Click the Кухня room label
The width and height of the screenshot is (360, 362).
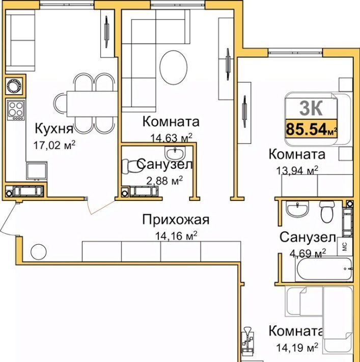pyautogui.click(x=54, y=128)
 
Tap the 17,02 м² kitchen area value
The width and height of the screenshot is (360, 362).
pyautogui.click(x=54, y=145)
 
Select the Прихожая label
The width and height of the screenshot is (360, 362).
pyautogui.click(x=176, y=220)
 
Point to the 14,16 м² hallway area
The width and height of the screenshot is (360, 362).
pyautogui.click(x=176, y=236)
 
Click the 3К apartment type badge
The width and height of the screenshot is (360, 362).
pyautogui.click(x=311, y=109)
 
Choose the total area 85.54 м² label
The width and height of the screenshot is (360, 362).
pyautogui.click(x=311, y=129)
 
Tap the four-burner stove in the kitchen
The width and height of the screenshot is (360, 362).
pyautogui.click(x=16, y=110)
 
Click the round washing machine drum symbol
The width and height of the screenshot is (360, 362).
pyautogui.click(x=14, y=86)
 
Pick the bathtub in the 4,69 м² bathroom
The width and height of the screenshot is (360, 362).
pyautogui.click(x=324, y=269)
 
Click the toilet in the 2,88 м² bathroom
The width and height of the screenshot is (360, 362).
pyautogui.click(x=130, y=166)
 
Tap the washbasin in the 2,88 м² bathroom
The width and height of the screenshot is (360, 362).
pyautogui.click(x=175, y=153)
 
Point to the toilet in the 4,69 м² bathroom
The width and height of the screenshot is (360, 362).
pyautogui.click(x=327, y=211)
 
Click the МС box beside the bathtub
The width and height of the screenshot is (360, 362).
pyautogui.click(x=345, y=247)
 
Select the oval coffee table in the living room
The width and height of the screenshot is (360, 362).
pyautogui.click(x=174, y=67)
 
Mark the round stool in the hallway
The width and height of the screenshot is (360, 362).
pyautogui.click(x=39, y=252)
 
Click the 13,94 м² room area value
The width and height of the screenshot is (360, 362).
pyautogui.click(x=297, y=171)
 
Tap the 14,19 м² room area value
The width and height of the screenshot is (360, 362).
pyautogui.click(x=297, y=347)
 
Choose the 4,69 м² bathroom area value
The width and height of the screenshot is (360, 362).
pyautogui.click(x=308, y=253)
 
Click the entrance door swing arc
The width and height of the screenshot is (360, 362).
pyautogui.click(x=5, y=217)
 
